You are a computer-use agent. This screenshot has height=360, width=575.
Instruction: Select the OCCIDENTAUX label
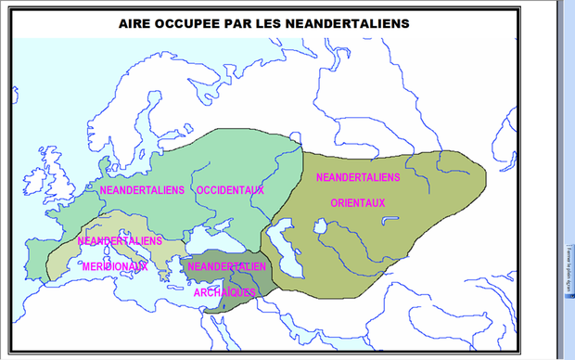click(x=230, y=190)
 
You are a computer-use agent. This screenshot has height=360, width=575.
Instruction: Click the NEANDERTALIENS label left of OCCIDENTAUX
click(x=142, y=190)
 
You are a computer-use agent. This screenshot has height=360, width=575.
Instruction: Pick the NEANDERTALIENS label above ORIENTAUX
click(x=358, y=176)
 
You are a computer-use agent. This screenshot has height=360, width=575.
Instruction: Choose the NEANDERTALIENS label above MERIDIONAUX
click(x=121, y=240)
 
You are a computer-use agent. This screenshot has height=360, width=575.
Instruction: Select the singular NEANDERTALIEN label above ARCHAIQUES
click(x=227, y=266)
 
